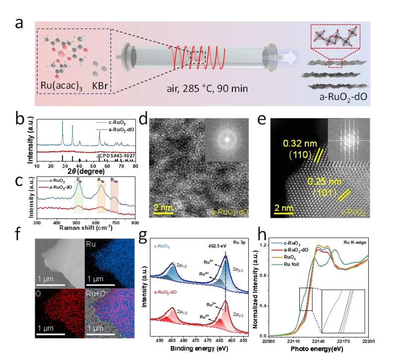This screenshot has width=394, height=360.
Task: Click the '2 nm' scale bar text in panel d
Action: click(163, 207)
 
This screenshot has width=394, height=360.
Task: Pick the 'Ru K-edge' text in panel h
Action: click(353, 243)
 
